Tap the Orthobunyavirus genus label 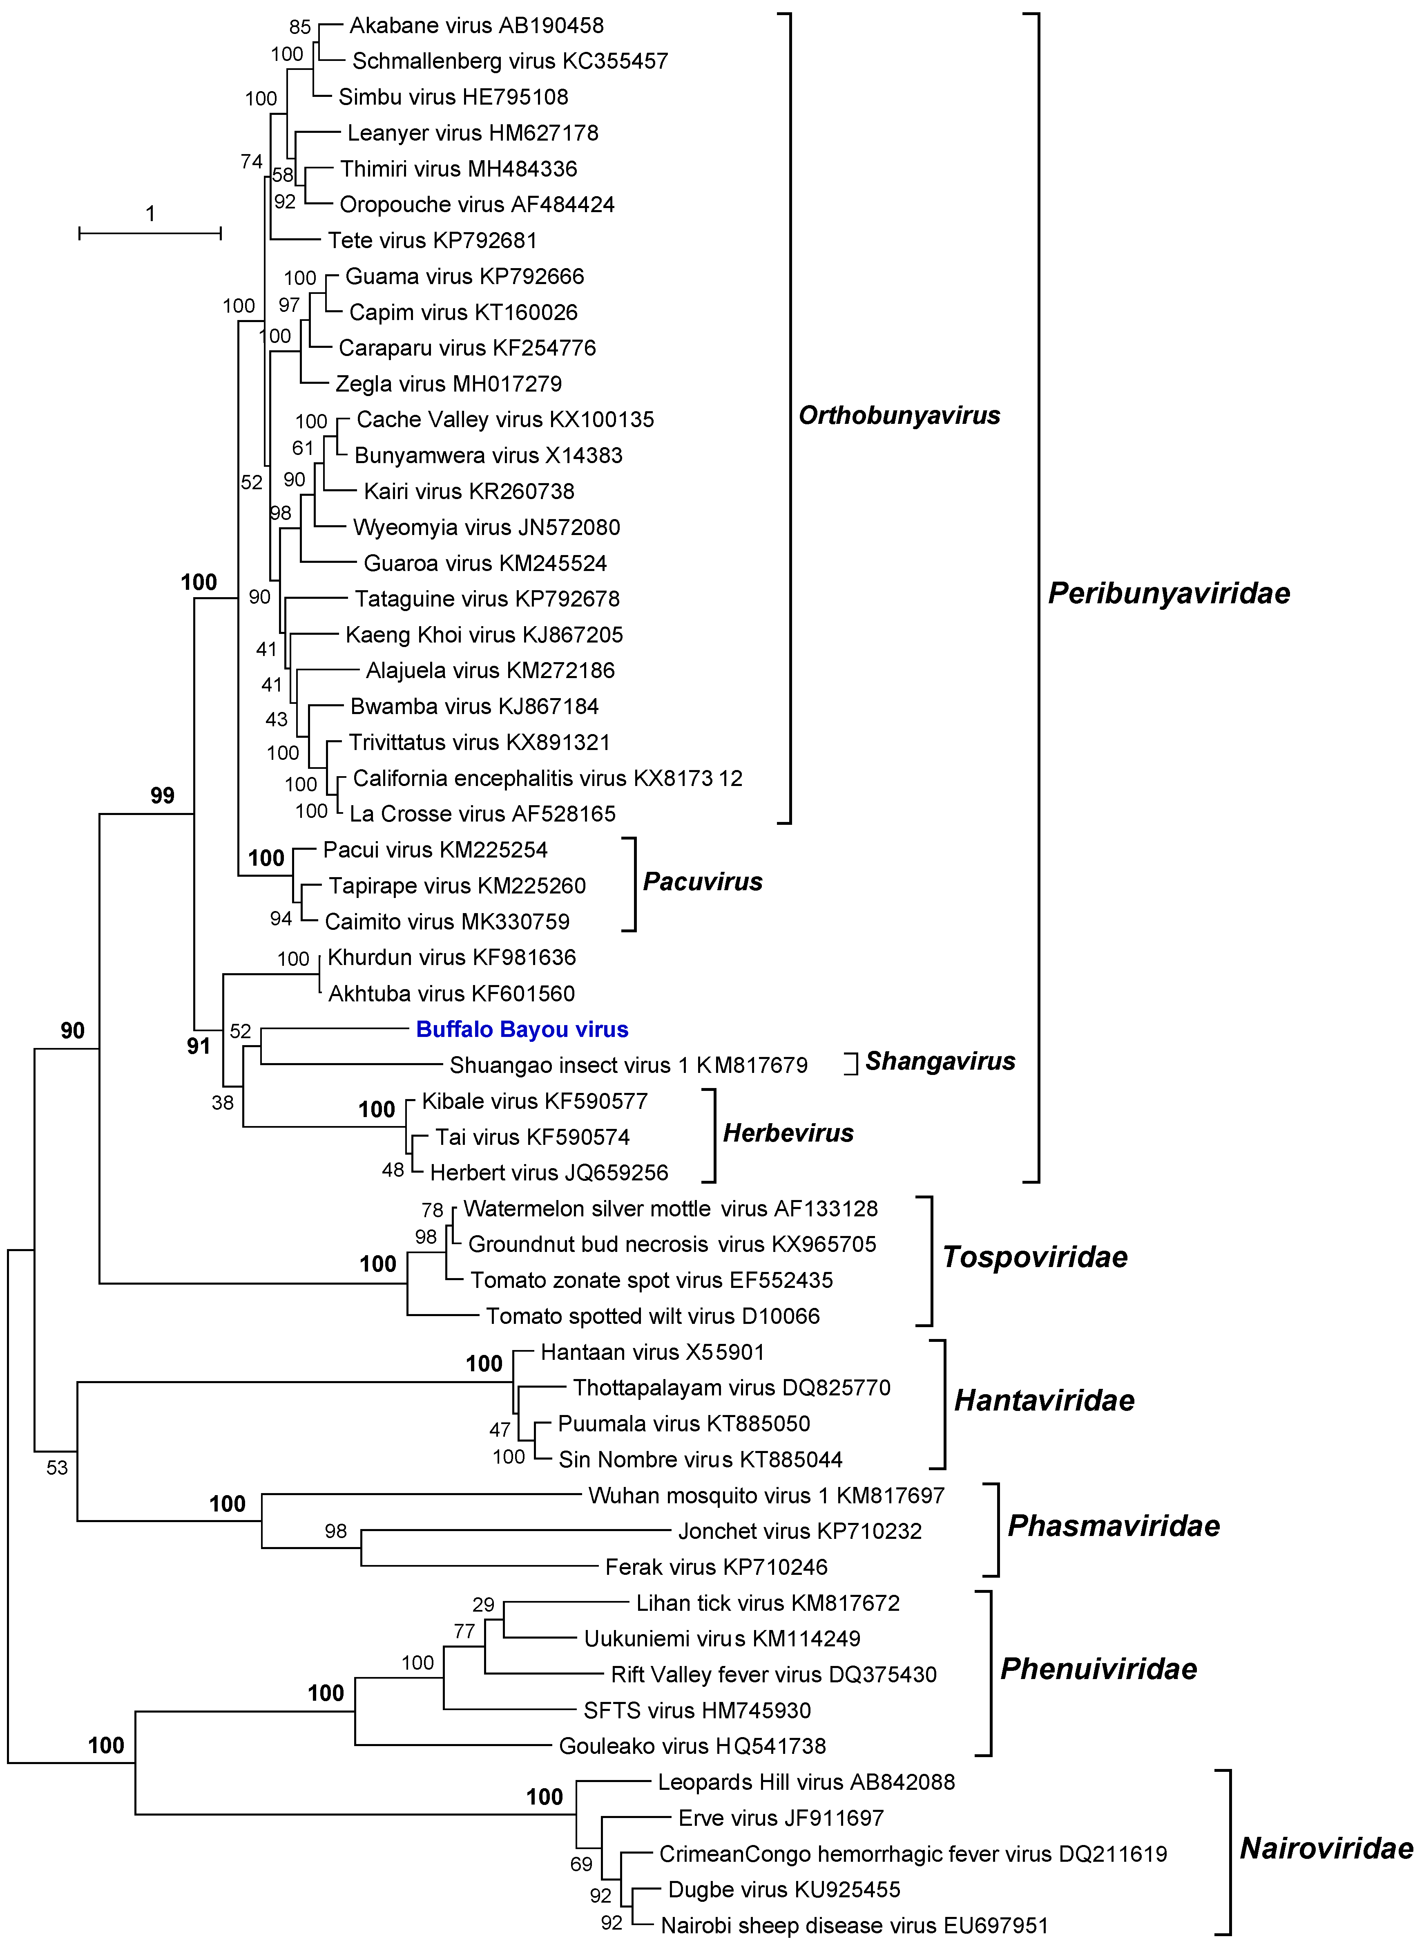coord(899,416)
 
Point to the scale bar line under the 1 coord(150,233)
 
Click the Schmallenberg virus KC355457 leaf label coord(509,61)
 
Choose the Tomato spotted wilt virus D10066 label coord(652,1316)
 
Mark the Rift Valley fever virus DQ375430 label coord(773,1675)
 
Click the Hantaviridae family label coord(1044,1400)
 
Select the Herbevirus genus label coord(788,1133)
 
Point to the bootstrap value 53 coord(57,1468)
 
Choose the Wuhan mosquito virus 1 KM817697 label coord(766,1495)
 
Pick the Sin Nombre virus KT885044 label coord(700,1459)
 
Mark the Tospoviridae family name coord(1034,1257)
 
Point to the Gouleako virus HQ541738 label coord(692,1746)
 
